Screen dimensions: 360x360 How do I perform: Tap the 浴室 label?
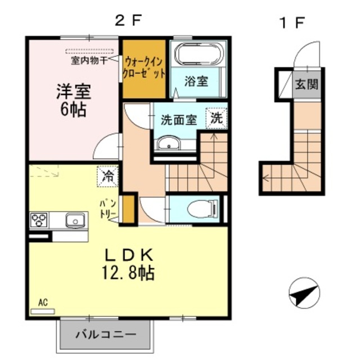coord(196,81)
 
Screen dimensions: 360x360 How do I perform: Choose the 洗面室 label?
coord(179,119)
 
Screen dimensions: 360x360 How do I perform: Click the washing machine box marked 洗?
coord(217,118)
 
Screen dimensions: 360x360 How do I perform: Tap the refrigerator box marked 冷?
coord(107,177)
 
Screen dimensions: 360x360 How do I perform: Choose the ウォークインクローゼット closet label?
coord(144,67)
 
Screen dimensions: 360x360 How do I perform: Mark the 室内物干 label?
coord(89,58)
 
